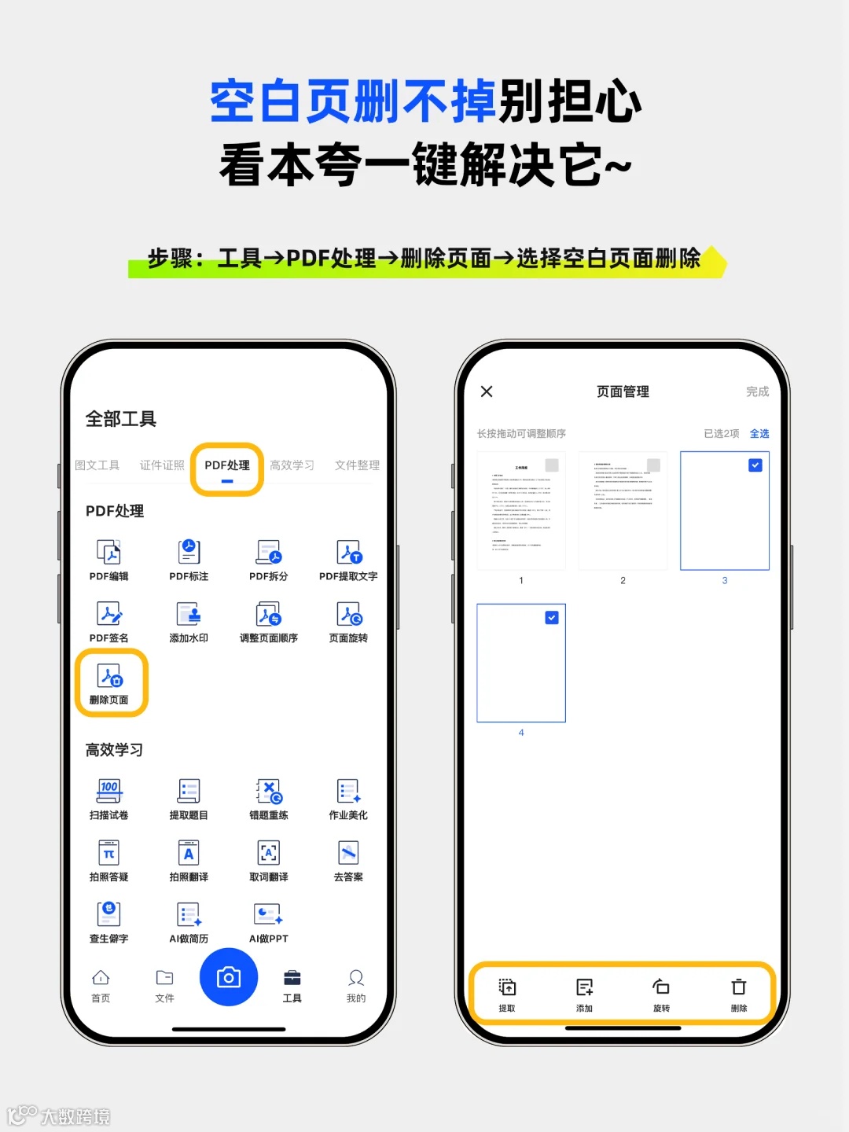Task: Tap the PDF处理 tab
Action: [227, 465]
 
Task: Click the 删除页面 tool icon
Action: [110, 677]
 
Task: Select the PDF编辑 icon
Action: [109, 553]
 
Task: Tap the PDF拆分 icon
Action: [269, 553]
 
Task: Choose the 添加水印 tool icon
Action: [189, 615]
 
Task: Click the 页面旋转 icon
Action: [349, 615]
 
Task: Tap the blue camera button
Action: [229, 977]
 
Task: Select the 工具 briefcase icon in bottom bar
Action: [292, 978]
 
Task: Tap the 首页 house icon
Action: [101, 978]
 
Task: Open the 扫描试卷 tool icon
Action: [109, 792]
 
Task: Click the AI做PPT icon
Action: [269, 915]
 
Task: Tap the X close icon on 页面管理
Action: [487, 391]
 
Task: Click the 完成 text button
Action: [757, 391]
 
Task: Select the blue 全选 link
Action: [759, 434]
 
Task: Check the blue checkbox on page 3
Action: [755, 465]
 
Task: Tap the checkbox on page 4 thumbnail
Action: [552, 618]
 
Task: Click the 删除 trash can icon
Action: [739, 987]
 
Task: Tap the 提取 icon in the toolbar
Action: [507, 987]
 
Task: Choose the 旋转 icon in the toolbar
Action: [661, 987]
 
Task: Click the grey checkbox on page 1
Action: [552, 465]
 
